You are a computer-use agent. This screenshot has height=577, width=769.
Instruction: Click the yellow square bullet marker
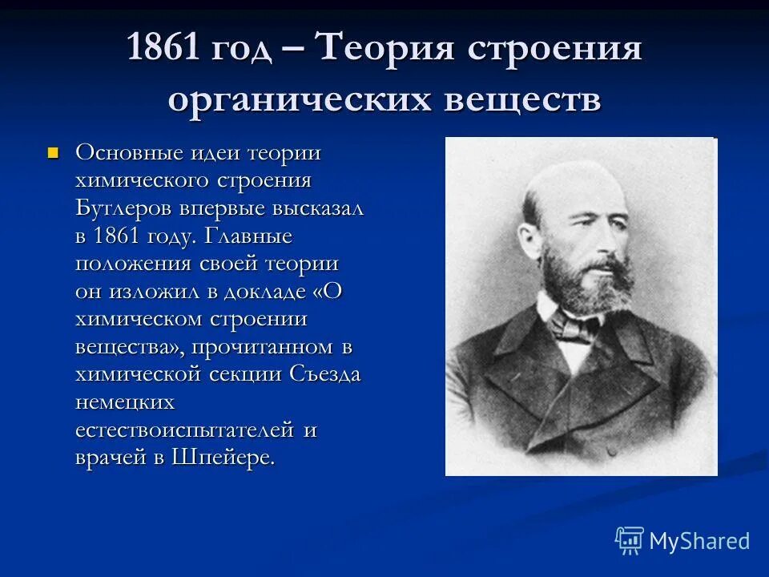[54, 151]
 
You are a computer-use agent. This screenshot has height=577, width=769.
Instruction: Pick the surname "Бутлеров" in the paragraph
[130, 208]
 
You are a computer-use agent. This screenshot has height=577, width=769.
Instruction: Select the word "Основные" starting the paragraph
[128, 152]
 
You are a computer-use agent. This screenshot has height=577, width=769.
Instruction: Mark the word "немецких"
[125, 402]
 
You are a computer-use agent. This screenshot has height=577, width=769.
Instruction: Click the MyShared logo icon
[629, 540]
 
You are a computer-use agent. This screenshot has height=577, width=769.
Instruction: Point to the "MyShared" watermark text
[699, 541]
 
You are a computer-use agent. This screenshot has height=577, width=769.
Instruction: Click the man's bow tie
[575, 325]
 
